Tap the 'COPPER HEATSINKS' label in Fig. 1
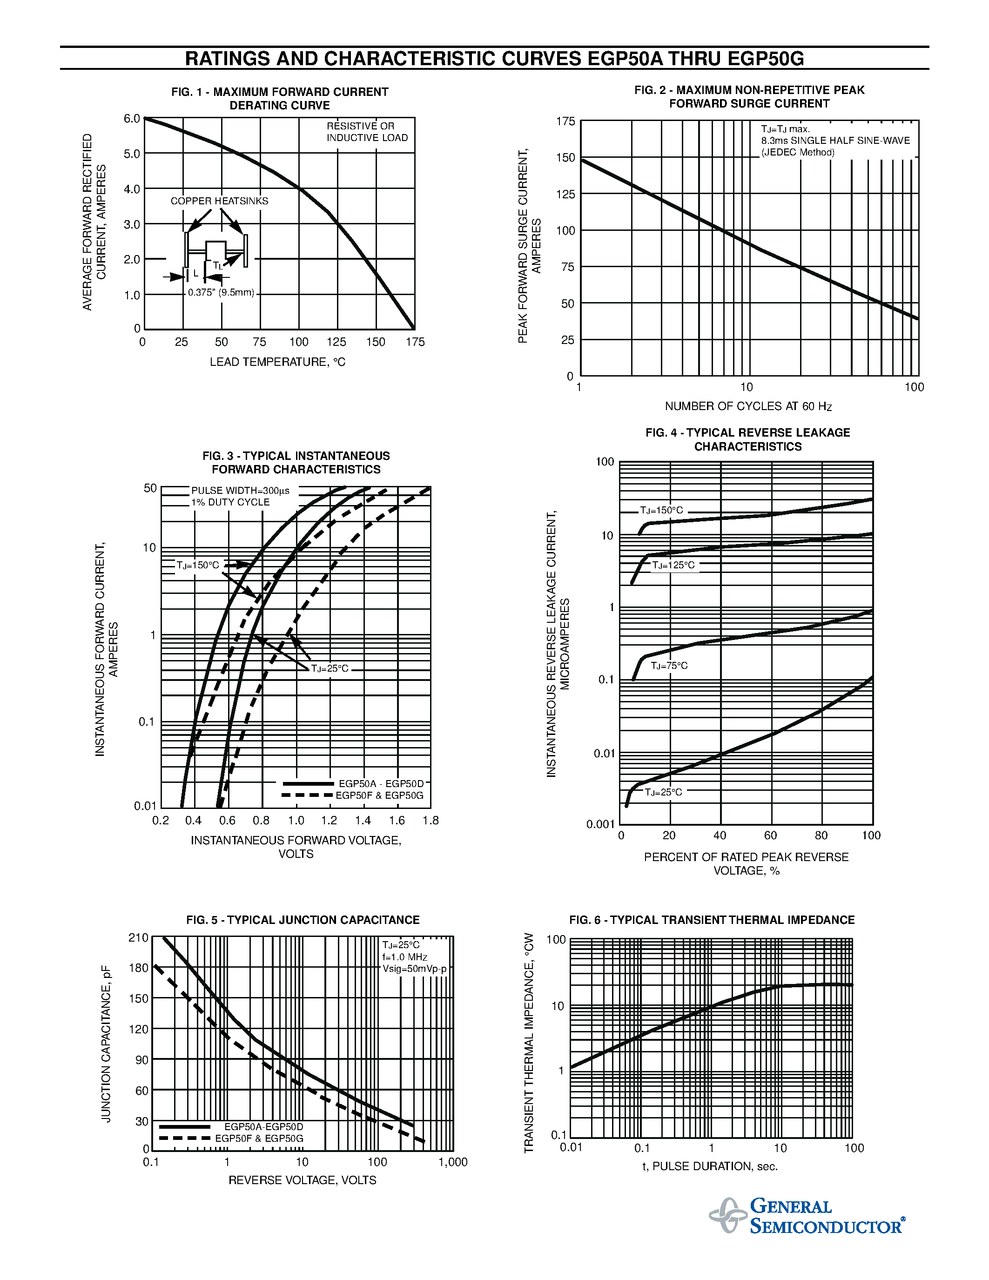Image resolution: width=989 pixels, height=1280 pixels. [x=219, y=201]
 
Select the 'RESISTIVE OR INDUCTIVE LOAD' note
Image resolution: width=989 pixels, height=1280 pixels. [x=367, y=132]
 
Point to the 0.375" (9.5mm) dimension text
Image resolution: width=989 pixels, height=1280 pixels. [x=221, y=292]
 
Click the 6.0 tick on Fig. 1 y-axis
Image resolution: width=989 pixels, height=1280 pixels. [x=132, y=118]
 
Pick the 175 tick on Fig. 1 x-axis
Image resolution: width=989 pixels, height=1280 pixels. [x=415, y=342]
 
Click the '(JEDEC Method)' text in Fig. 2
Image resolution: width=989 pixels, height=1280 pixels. [x=797, y=152]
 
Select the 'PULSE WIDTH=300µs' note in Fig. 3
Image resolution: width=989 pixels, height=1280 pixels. [x=240, y=491]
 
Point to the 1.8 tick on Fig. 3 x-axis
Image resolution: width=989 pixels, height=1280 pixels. [x=431, y=821]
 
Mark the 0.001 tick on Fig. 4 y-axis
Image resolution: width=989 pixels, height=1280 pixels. [x=600, y=825]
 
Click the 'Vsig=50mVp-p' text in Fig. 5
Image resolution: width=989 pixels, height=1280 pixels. [x=414, y=969]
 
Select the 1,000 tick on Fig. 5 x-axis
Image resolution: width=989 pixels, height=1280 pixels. [x=453, y=1162]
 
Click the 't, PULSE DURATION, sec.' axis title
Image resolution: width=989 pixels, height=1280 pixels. [x=710, y=1166]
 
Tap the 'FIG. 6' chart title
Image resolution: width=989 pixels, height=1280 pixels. [x=711, y=920]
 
